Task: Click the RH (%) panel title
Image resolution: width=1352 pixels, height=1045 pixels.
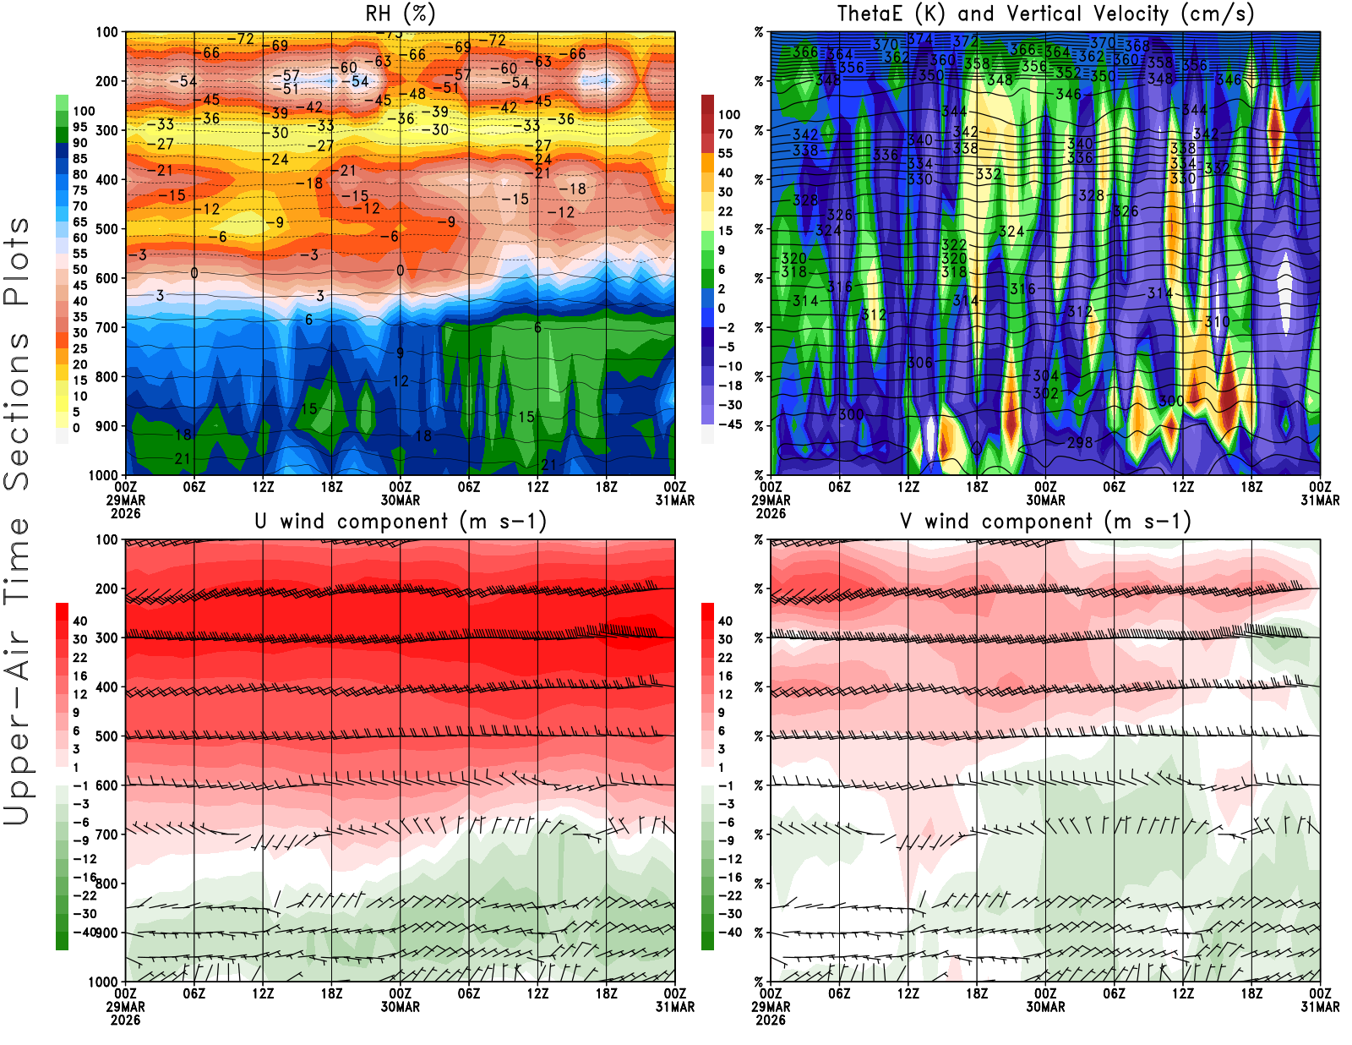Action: (400, 14)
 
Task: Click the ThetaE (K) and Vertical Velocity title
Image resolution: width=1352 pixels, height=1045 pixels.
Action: (1045, 14)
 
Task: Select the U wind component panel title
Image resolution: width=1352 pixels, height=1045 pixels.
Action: (401, 521)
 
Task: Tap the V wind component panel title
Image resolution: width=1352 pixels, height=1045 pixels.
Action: (1045, 521)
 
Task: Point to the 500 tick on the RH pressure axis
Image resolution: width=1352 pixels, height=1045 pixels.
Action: (107, 229)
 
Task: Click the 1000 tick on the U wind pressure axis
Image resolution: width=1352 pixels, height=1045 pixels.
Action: (104, 982)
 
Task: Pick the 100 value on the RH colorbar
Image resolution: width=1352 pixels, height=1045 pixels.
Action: (84, 111)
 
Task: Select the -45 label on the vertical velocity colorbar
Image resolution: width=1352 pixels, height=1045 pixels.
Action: (729, 424)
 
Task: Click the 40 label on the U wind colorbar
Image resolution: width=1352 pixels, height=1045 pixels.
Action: (80, 621)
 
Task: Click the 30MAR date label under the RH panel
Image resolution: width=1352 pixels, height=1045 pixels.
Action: (401, 500)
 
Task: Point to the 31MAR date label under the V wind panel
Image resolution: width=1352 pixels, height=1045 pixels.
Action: (1320, 1007)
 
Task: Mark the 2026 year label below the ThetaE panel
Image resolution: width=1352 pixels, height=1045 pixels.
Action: (771, 513)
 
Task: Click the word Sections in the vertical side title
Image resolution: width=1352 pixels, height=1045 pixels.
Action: (17, 410)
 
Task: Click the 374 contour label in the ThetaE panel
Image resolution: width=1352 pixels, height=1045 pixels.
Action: (920, 39)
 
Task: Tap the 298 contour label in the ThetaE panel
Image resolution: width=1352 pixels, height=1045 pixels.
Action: (1080, 442)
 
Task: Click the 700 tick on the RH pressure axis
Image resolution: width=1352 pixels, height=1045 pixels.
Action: (107, 327)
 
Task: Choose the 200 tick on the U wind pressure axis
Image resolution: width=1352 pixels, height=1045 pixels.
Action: (107, 588)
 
